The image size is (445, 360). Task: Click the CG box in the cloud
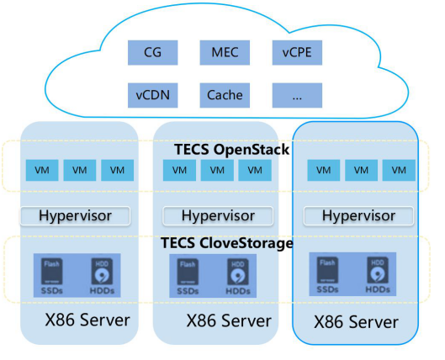click(x=153, y=52)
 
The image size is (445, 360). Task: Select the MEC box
click(x=225, y=52)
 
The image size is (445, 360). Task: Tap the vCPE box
click(x=297, y=52)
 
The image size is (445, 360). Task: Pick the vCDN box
click(x=153, y=95)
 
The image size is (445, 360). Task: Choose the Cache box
click(x=225, y=95)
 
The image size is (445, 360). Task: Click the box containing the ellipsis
click(x=297, y=95)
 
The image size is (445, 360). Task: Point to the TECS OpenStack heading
click(x=231, y=150)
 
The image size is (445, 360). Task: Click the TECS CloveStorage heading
click(x=227, y=243)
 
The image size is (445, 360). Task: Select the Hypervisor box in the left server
click(x=75, y=216)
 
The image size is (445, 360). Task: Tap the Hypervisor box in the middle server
click(x=218, y=216)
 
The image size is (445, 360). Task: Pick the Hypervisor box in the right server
click(x=358, y=216)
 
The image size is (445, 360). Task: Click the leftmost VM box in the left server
click(x=42, y=170)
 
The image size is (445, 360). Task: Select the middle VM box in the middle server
click(x=217, y=170)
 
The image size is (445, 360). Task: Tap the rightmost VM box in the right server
click(x=399, y=170)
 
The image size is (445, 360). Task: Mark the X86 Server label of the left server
click(x=87, y=320)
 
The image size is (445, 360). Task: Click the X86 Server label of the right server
click(x=356, y=322)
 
